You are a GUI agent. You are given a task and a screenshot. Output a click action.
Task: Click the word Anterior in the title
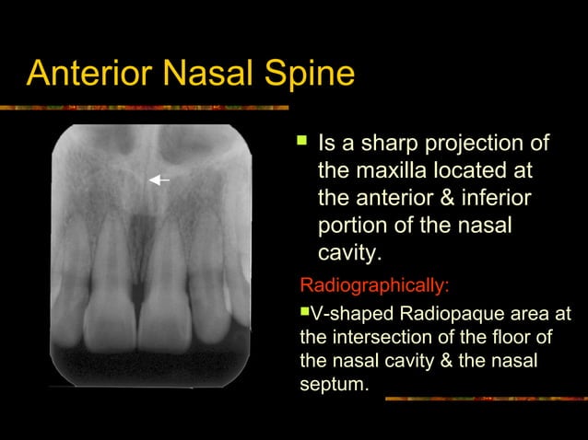(x=90, y=73)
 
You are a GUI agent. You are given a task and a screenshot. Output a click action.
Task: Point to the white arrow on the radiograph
(x=159, y=180)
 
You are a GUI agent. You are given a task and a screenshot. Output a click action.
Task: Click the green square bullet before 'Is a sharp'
(x=300, y=144)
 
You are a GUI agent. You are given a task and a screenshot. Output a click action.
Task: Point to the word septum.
(x=333, y=383)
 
